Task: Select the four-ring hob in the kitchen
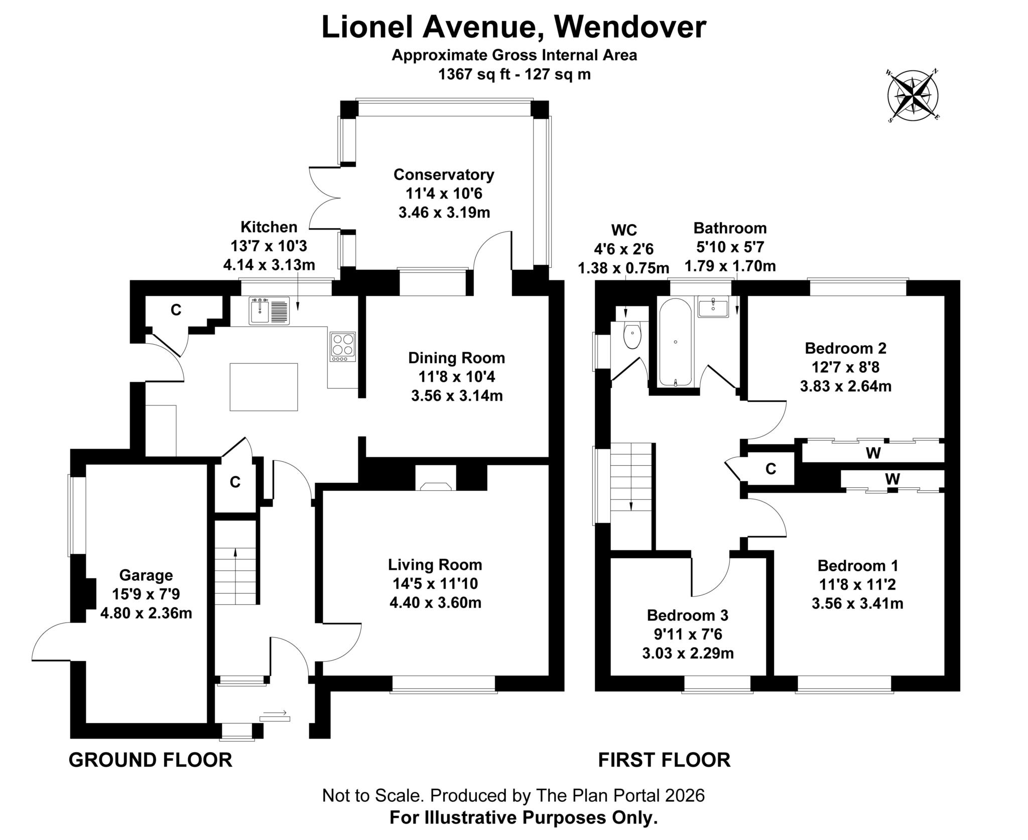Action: (343, 347)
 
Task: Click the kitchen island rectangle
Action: (264, 387)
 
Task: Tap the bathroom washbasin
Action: (713, 307)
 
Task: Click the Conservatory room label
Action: (444, 174)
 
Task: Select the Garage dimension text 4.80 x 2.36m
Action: (146, 613)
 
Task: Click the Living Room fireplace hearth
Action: (435, 486)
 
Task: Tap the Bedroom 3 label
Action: (687, 615)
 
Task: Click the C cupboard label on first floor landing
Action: (770, 469)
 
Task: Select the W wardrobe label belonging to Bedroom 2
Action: (873, 453)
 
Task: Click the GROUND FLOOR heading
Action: (150, 760)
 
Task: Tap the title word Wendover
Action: (630, 27)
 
